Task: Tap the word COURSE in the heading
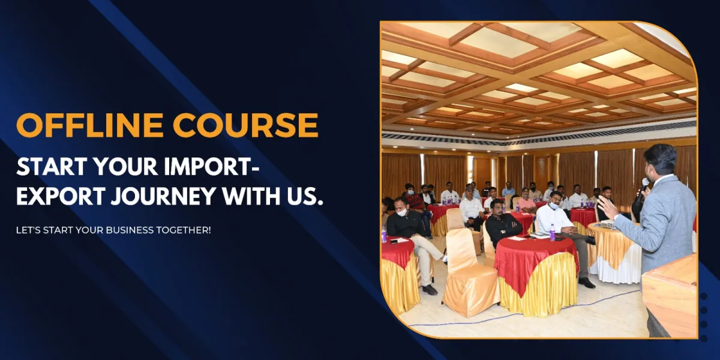click(x=247, y=125)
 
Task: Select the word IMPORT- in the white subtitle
click(x=211, y=167)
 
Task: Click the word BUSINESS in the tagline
click(x=130, y=230)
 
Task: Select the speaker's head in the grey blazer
click(x=660, y=161)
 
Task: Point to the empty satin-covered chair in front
click(x=469, y=273)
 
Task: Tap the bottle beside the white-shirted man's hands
click(x=553, y=233)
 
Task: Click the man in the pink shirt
click(x=526, y=203)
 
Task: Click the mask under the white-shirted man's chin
click(x=554, y=206)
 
